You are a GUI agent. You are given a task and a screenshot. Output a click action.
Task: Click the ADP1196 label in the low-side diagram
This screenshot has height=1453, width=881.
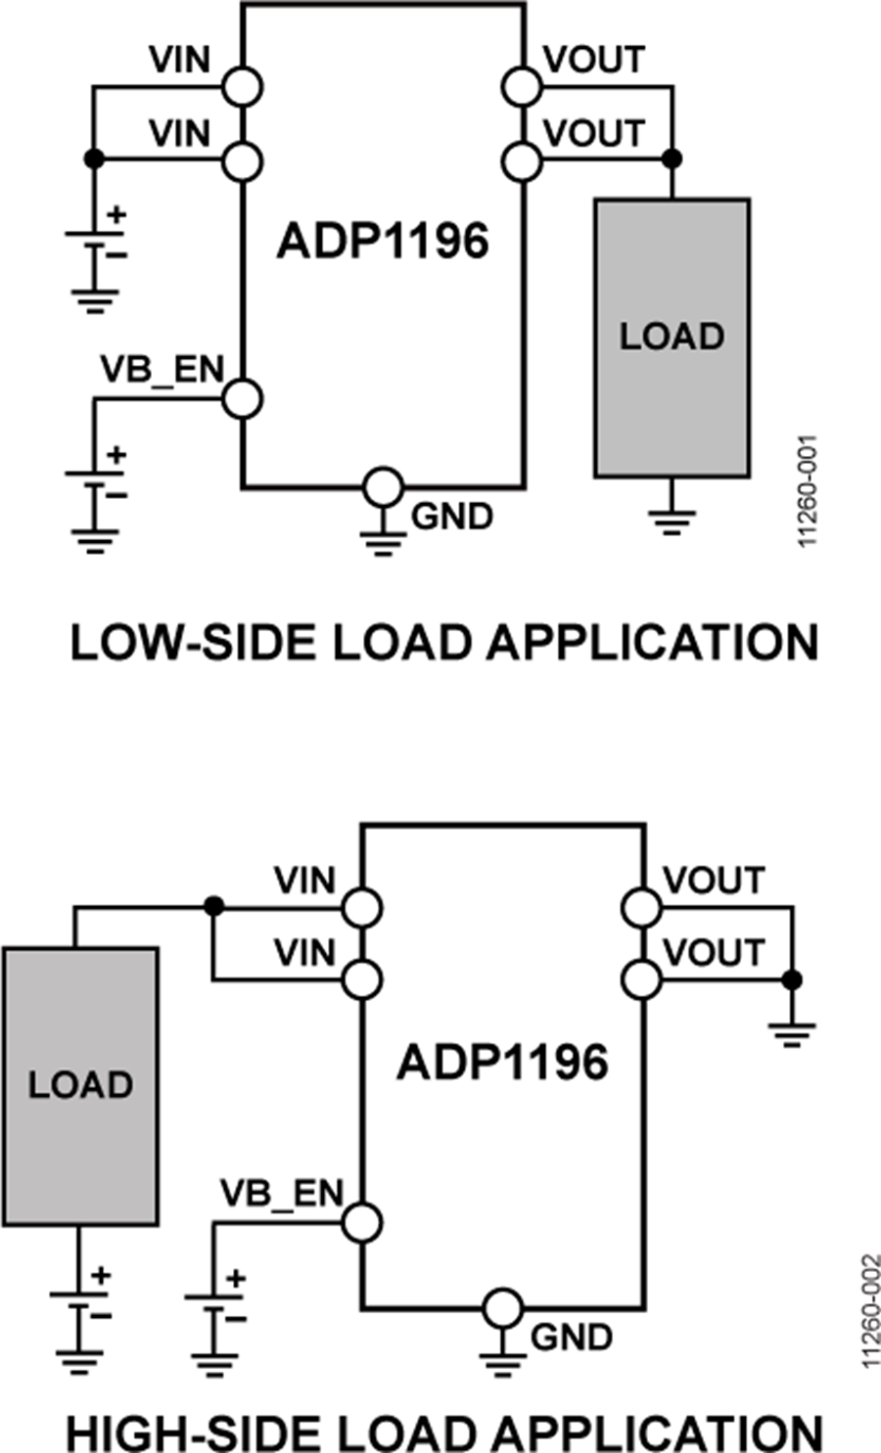[x=382, y=241]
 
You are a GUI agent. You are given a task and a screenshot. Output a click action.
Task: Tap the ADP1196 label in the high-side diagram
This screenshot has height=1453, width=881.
[x=502, y=1063]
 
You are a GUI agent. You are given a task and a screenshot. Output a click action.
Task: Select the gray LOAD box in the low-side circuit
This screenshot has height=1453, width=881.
[x=672, y=338]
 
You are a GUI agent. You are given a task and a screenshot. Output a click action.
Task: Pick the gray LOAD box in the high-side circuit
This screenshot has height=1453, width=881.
[x=80, y=1085]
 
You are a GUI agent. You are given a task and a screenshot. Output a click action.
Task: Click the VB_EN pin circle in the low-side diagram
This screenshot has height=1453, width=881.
[x=242, y=398]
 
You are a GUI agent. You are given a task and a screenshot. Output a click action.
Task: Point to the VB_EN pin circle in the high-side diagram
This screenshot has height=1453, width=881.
[x=362, y=1222]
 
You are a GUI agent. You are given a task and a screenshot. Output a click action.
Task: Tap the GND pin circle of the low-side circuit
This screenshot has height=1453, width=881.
[x=382, y=486]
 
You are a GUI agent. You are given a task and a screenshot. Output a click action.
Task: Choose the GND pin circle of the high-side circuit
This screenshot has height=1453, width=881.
[x=502, y=1308]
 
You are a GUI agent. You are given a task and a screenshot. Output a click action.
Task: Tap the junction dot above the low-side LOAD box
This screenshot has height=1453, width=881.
[x=672, y=159]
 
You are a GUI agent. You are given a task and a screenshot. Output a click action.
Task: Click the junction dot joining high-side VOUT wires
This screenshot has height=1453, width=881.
[x=793, y=979]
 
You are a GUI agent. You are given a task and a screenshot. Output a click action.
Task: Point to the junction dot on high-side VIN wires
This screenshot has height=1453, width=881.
[x=212, y=907]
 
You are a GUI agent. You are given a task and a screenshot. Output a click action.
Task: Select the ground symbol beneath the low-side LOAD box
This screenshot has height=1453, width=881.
[x=672, y=520]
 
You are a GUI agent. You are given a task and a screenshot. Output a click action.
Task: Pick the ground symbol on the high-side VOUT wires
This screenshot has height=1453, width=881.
[x=793, y=1032]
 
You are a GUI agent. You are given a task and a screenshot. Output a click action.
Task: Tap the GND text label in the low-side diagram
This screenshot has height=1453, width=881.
[x=451, y=516]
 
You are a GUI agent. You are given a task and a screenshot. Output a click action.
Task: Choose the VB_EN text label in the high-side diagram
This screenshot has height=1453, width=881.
[x=282, y=1194]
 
